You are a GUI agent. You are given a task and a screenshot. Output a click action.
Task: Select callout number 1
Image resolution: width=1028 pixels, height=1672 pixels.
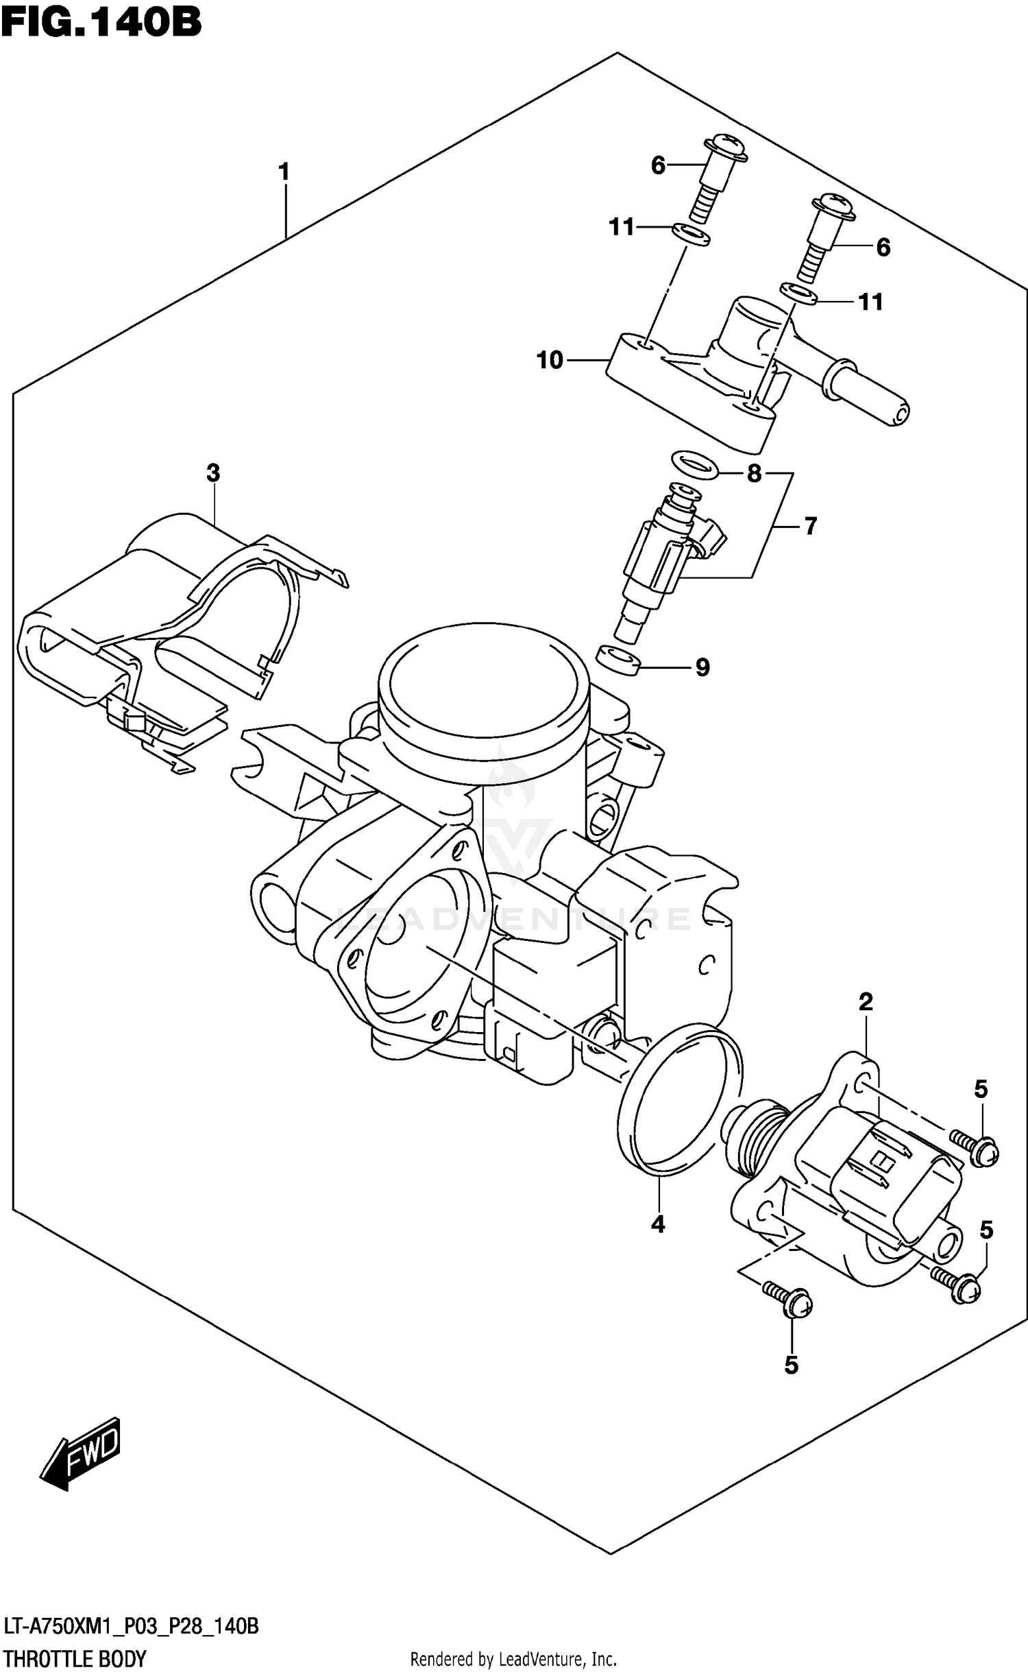coord(284,172)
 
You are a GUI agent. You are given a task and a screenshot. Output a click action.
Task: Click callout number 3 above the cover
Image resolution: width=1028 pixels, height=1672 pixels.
coord(213,473)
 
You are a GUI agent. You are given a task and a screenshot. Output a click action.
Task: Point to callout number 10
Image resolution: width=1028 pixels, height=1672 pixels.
coord(550,360)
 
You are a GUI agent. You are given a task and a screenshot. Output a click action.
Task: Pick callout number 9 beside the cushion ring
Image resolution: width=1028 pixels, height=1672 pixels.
coord(702,667)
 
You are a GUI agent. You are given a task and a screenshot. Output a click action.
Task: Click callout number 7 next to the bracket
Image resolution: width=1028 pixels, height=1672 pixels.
coord(811,526)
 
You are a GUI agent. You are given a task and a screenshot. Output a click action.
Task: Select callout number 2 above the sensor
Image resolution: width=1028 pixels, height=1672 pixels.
coord(866,1002)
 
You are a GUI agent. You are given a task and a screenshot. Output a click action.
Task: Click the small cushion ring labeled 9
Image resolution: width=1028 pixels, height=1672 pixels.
coord(617,660)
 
